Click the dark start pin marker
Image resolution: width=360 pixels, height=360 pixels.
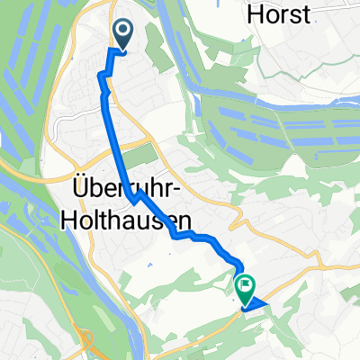122,35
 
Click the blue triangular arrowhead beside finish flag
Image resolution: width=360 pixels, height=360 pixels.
257,305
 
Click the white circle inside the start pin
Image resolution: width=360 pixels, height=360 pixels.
122,31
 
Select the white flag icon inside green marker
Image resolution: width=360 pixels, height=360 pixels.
245,285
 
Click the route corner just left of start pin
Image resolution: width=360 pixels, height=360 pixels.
111,50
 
